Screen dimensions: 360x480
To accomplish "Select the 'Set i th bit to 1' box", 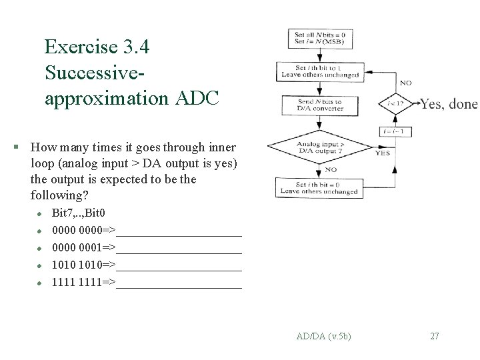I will pyautogui.click(x=320, y=71).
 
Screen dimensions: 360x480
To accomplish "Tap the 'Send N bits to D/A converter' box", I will pyautogui.click(x=320, y=105).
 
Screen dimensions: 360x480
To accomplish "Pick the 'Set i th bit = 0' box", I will pyautogui.click(x=320, y=187).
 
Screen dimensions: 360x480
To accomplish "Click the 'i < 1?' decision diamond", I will pyautogui.click(x=395, y=103).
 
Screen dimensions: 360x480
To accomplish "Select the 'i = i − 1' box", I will pyautogui.click(x=395, y=131).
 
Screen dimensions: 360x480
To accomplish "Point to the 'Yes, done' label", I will pyautogui.click(x=449, y=104).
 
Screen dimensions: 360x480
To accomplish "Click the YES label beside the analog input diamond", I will pyautogui.click(x=383, y=153).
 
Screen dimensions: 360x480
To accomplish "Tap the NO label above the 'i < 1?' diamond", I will pyautogui.click(x=405, y=83).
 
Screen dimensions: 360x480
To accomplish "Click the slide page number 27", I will pyautogui.click(x=435, y=336).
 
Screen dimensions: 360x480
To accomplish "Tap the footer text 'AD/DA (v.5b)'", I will pyautogui.click(x=324, y=336).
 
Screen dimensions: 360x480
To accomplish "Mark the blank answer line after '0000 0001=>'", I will pyautogui.click(x=179, y=248).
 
